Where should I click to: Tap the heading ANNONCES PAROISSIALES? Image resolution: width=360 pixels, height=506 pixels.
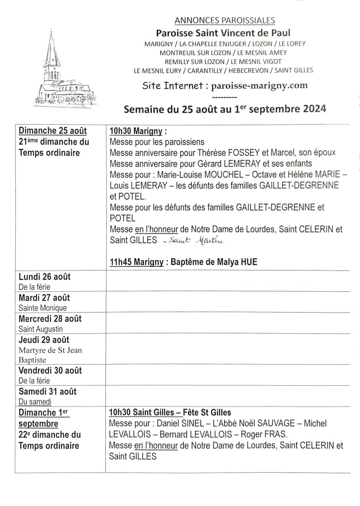pos(225,20)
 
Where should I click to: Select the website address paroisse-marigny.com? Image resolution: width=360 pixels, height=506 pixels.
pos(259,85)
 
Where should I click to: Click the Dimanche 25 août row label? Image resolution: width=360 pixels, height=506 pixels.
pos(53,131)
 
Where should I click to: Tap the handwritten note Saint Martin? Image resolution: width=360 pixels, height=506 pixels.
pos(196,241)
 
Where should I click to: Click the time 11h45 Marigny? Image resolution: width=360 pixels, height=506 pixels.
pos(136,262)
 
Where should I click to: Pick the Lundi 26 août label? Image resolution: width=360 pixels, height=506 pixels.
pos(45,277)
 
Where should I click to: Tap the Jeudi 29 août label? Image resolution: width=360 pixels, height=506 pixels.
pos(44,340)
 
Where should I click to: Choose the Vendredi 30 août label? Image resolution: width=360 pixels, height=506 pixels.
pos(50,371)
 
